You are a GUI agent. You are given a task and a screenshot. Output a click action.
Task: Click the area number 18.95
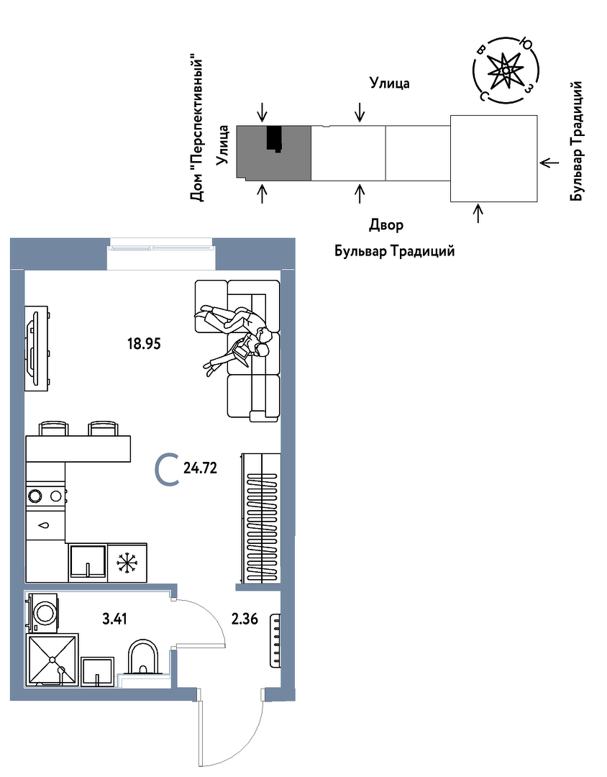tap(143, 343)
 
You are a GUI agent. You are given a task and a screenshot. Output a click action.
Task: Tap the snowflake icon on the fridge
tap(126, 562)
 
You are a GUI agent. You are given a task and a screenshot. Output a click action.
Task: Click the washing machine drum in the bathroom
tap(45, 612)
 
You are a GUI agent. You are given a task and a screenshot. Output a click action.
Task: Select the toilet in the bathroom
tap(142, 658)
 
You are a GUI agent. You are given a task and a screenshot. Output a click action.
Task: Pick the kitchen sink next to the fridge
tap(87, 561)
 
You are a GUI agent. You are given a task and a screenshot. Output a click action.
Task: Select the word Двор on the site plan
tap(386, 225)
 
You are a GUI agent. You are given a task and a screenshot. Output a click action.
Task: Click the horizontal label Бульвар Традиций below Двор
tap(394, 252)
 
